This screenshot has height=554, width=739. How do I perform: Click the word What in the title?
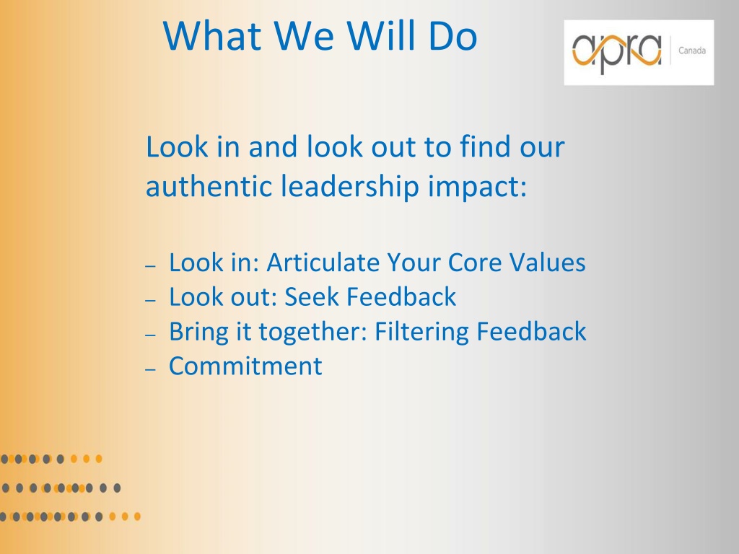(x=212, y=36)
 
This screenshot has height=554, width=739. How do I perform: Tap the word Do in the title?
(x=453, y=36)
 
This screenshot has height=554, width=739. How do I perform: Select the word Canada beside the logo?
(x=692, y=50)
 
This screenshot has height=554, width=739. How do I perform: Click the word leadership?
(x=350, y=187)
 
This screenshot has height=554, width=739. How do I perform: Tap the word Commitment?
(x=245, y=366)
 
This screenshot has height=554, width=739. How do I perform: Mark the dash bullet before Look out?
(x=150, y=299)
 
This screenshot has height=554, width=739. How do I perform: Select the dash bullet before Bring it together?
(x=150, y=335)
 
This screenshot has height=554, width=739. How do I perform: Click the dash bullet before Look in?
(x=150, y=266)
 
